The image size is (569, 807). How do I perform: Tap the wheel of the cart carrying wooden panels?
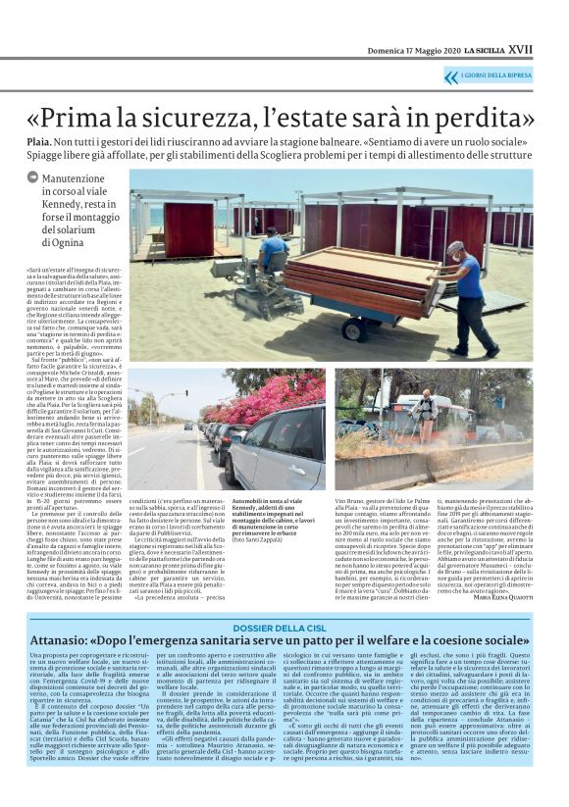tap(360, 331)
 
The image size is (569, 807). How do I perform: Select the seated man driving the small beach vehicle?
tap(272, 251)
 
